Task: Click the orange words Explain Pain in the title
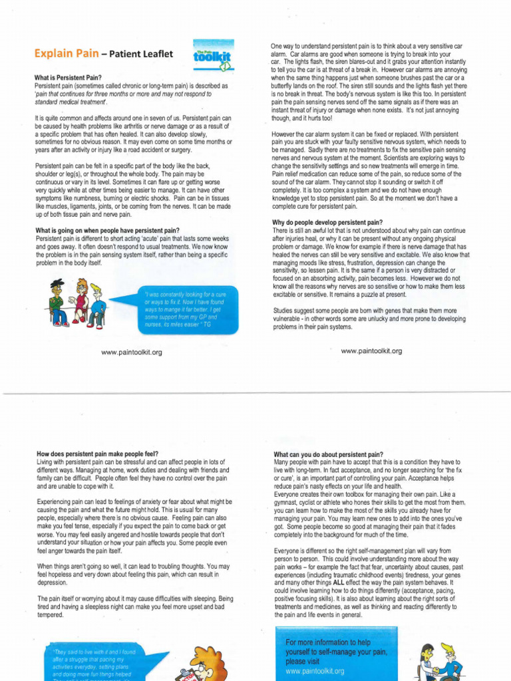click(x=60, y=53)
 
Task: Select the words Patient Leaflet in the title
click(x=137, y=53)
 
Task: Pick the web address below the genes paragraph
click(x=371, y=351)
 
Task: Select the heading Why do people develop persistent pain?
click(x=327, y=222)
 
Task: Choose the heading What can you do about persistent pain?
click(x=328, y=454)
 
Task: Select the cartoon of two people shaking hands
click(x=439, y=662)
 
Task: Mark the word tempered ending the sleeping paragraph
click(x=50, y=615)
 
